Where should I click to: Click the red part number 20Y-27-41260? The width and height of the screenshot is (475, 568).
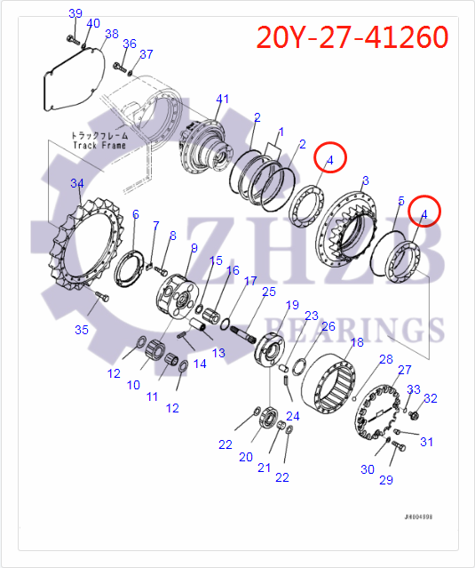[352, 36]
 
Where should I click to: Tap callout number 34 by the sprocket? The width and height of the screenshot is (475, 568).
[77, 184]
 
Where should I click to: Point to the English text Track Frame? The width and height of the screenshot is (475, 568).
[99, 146]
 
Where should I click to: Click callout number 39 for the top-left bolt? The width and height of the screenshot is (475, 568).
[75, 13]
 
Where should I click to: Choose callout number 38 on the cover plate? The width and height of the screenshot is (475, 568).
[111, 34]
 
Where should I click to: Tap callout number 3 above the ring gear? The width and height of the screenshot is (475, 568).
[364, 181]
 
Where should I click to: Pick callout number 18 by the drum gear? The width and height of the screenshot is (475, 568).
[357, 342]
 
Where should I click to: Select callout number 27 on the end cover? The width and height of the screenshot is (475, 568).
[404, 370]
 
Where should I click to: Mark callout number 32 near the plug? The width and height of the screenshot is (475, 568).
[430, 398]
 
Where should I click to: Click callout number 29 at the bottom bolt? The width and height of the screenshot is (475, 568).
[385, 480]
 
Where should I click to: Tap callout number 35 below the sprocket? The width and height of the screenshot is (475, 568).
[82, 330]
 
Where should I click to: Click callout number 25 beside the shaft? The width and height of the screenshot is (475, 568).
[268, 292]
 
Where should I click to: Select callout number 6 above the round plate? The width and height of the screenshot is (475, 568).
[135, 214]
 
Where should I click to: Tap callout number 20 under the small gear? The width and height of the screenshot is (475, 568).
[246, 457]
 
